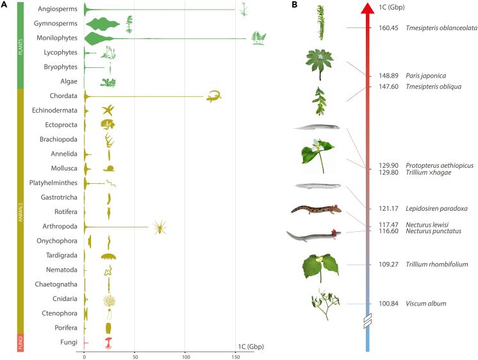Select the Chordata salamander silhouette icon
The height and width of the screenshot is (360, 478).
click(214, 96)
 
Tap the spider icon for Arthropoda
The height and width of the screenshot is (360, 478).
click(159, 227)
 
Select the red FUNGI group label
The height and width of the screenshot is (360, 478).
click(21, 343)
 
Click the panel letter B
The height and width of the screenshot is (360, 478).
click(294, 5)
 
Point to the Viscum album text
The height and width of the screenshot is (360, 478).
click(421, 304)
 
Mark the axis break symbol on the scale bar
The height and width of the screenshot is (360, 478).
click(367, 323)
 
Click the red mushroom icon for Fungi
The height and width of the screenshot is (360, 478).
click(108, 344)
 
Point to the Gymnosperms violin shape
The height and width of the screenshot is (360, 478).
click(103, 25)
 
